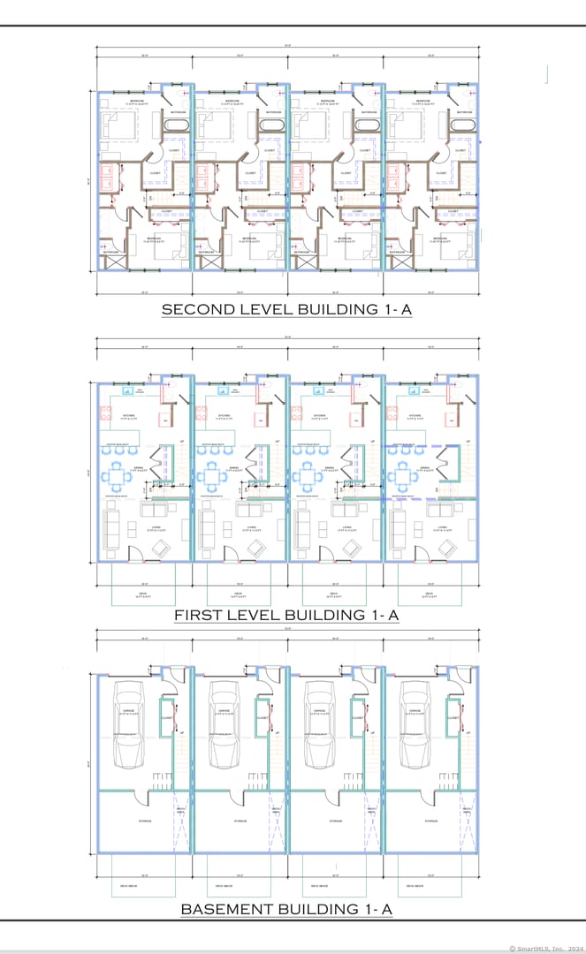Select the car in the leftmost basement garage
(x=129, y=724)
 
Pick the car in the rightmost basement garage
(x=415, y=724)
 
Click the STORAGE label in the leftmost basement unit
(x=144, y=821)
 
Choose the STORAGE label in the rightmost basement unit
(x=430, y=821)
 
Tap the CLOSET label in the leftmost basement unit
(x=166, y=718)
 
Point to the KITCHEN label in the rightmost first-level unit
(x=415, y=415)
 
